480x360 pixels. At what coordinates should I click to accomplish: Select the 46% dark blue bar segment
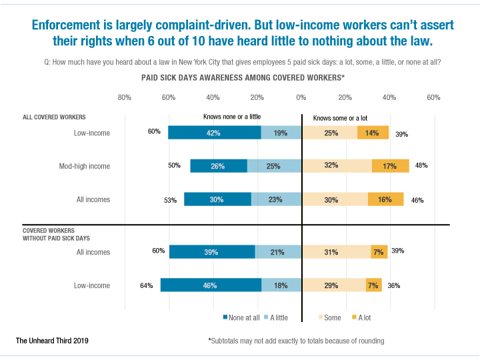pos(211,285)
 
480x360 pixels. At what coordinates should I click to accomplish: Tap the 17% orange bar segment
pos(390,166)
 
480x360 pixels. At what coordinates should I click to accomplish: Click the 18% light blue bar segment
pos(281,285)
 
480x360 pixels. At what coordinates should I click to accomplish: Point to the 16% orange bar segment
pos(385,199)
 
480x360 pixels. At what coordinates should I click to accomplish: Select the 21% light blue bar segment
pos(278,252)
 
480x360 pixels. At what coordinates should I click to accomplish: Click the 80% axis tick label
pos(124,98)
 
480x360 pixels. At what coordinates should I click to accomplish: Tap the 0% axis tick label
pos(301,98)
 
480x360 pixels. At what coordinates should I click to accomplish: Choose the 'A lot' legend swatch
pos(353,318)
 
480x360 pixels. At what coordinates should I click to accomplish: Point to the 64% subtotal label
pos(147,285)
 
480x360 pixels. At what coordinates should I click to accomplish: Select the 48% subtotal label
pos(421,165)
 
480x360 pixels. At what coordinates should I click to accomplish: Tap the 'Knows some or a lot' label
pos(340,118)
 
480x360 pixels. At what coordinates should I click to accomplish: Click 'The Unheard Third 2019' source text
pos(52,341)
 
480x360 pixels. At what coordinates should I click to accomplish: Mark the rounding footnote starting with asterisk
pos(297,341)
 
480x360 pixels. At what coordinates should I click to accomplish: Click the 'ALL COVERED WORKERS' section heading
pos(54,117)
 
